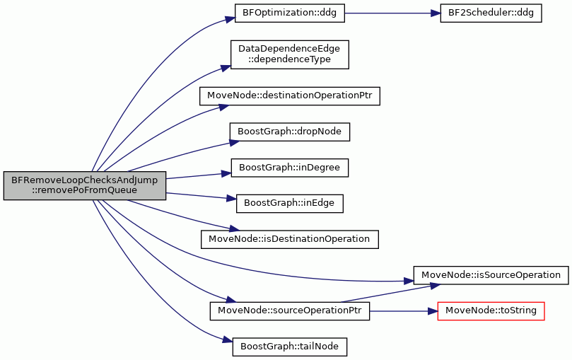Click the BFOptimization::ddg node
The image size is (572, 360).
(x=290, y=13)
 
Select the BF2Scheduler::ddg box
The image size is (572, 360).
(x=491, y=13)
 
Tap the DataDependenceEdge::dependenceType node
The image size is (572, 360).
(x=290, y=54)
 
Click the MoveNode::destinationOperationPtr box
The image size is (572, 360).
(x=290, y=96)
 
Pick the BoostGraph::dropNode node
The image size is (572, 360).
(x=290, y=132)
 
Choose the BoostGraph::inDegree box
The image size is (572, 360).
(x=290, y=168)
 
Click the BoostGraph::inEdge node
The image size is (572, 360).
(x=290, y=204)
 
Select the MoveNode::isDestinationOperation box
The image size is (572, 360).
(x=290, y=239)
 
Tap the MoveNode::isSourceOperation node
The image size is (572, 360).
(x=491, y=275)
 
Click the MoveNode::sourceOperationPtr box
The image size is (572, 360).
(x=290, y=311)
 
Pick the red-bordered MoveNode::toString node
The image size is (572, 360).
(x=491, y=311)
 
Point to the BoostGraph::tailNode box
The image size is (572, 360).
(x=290, y=347)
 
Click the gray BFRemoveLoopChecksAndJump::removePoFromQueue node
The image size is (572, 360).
(x=85, y=185)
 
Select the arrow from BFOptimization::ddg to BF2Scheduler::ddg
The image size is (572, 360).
(x=392, y=13)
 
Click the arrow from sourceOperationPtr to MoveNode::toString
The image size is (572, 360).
(x=404, y=311)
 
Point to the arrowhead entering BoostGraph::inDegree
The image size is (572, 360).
(x=226, y=173)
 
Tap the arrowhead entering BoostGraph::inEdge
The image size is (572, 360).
(x=232, y=199)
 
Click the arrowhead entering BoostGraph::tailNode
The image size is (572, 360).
(x=228, y=340)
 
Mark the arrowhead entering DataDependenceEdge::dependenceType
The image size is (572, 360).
(x=226, y=68)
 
